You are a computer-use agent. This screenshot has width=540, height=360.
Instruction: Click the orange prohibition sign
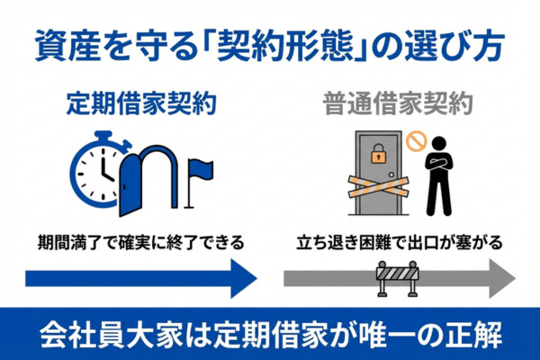click(415, 139)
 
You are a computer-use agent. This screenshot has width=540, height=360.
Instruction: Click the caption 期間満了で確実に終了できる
click(140, 242)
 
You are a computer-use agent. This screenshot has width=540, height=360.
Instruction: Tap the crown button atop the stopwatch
click(99, 136)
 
